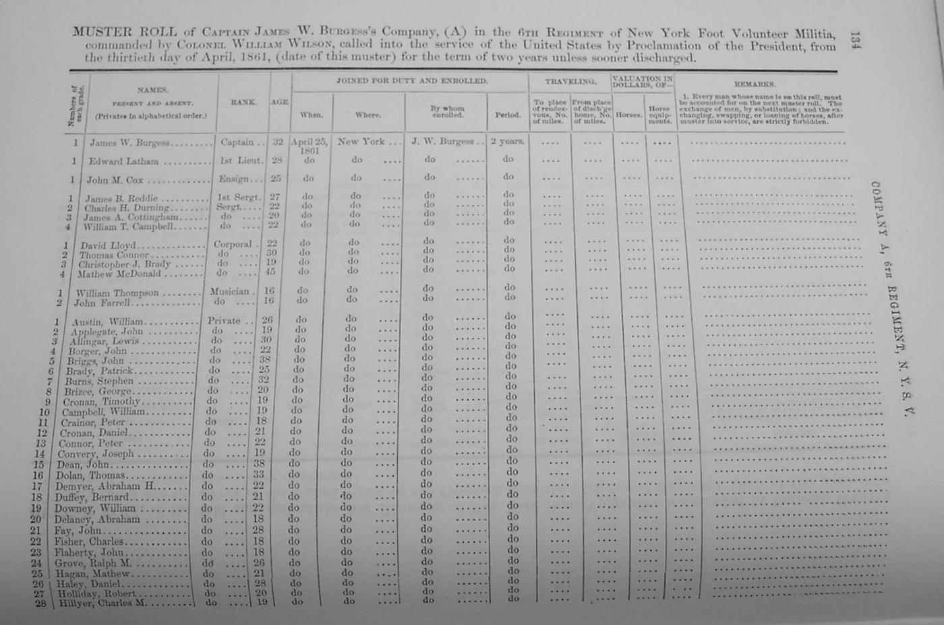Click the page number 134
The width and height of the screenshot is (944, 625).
click(855, 40)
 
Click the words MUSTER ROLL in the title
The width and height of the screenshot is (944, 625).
click(125, 32)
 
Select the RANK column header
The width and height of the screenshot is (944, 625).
click(243, 102)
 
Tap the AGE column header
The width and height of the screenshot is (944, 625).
click(280, 102)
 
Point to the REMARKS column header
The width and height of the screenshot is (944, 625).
click(755, 84)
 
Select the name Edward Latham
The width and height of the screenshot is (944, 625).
click(123, 162)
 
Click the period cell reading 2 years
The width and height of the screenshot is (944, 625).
click(507, 142)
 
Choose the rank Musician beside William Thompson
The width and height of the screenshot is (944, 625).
click(230, 292)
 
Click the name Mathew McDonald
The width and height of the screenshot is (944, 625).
click(119, 274)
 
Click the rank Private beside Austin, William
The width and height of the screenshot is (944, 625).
click(224, 321)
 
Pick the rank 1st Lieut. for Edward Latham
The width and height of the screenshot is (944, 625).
click(241, 161)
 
